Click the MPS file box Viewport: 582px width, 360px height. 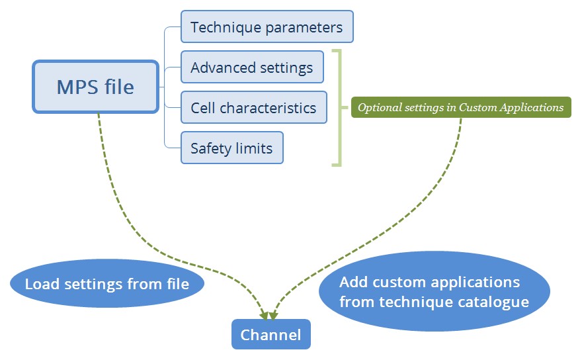[x=96, y=87]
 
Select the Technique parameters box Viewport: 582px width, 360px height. [x=267, y=26]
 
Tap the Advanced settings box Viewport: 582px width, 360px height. [x=252, y=67]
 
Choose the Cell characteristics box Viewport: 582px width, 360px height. [x=254, y=107]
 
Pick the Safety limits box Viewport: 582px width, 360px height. [x=232, y=148]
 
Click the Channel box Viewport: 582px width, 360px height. [x=271, y=334]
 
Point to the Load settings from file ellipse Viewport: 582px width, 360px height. [x=107, y=283]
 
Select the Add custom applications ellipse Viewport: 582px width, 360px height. [x=435, y=291]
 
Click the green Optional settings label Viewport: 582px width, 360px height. [x=461, y=107]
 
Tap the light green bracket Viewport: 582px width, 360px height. [x=339, y=108]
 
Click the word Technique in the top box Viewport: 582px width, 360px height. [x=226, y=28]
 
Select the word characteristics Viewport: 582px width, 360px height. [x=268, y=108]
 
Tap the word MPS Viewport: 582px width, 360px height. [x=78, y=87]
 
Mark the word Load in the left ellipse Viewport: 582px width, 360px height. [x=42, y=284]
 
